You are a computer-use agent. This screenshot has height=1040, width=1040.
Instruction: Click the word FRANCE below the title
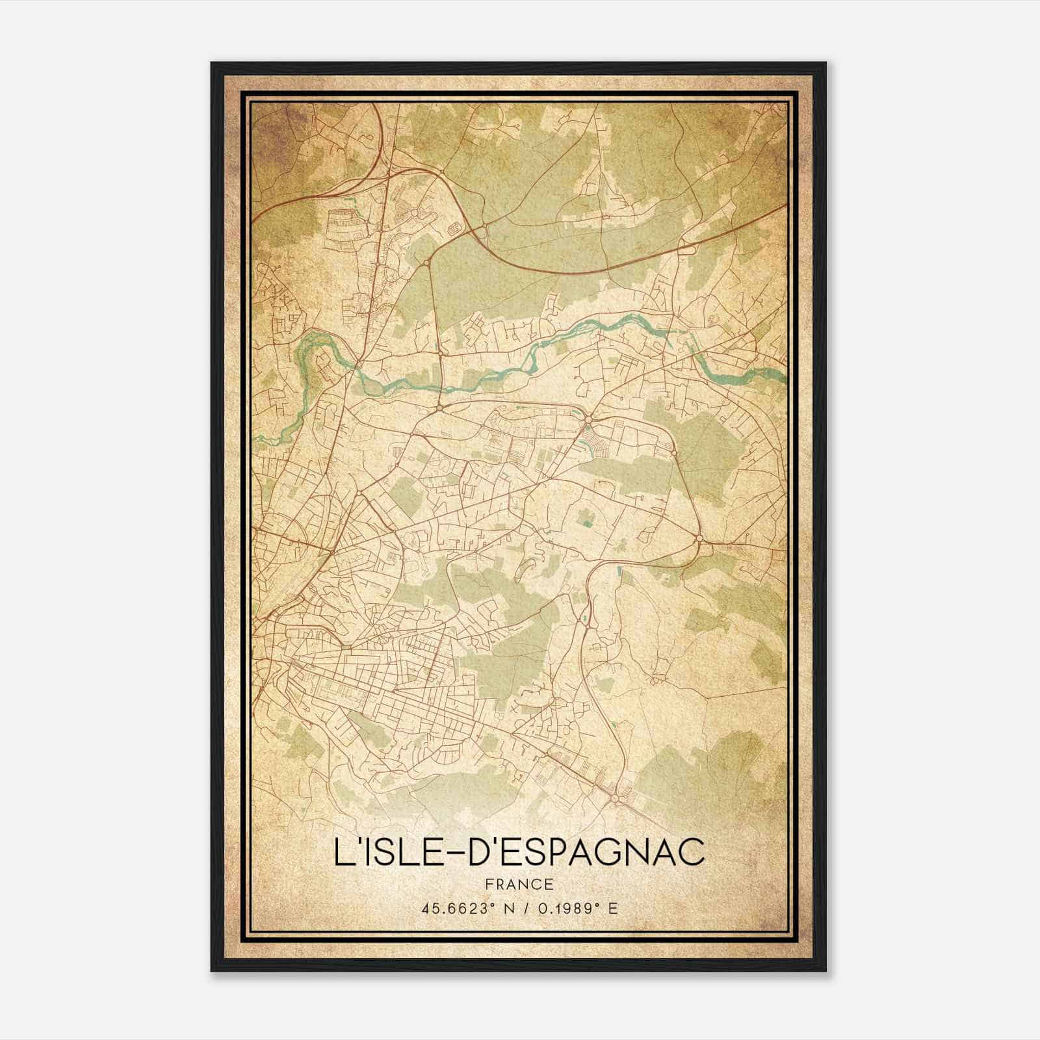pyautogui.click(x=519, y=885)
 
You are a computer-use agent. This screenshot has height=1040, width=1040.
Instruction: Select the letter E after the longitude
pyautogui.click(x=613, y=909)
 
